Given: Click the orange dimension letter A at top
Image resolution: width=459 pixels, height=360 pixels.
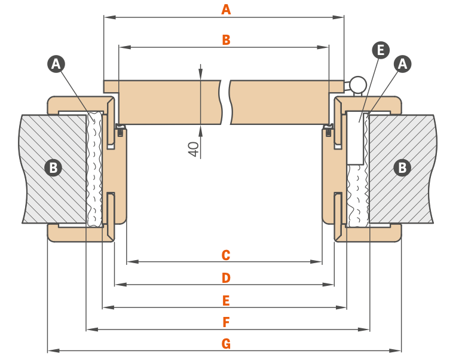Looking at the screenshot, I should pyautogui.click(x=226, y=10).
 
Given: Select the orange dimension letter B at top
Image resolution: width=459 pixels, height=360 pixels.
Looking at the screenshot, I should pyautogui.click(x=226, y=40).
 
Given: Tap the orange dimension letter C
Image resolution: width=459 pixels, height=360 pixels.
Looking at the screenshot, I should pyautogui.click(x=225, y=255).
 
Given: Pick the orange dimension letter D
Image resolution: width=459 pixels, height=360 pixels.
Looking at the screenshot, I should pyautogui.click(x=225, y=278).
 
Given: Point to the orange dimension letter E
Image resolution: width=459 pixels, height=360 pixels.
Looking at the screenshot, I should pyautogui.click(x=225, y=300).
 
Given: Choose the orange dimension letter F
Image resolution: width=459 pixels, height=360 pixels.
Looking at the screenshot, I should pyautogui.click(x=225, y=322).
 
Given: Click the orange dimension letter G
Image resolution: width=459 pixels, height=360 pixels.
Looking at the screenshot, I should pyautogui.click(x=225, y=344).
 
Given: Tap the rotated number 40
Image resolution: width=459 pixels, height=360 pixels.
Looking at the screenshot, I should pyautogui.click(x=194, y=149).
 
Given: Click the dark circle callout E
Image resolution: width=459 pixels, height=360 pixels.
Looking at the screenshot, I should pyautogui.click(x=380, y=50).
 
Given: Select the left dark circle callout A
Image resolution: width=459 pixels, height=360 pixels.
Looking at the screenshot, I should pyautogui.click(x=56, y=64).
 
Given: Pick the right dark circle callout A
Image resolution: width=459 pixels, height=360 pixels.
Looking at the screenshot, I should pyautogui.click(x=403, y=64).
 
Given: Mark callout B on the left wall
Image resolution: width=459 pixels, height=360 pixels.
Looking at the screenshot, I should pyautogui.click(x=53, y=168).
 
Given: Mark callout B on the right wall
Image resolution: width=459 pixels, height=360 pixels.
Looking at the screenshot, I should pyautogui.click(x=402, y=168).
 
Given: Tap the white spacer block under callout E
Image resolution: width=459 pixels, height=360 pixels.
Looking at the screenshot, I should pyautogui.click(x=356, y=138).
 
